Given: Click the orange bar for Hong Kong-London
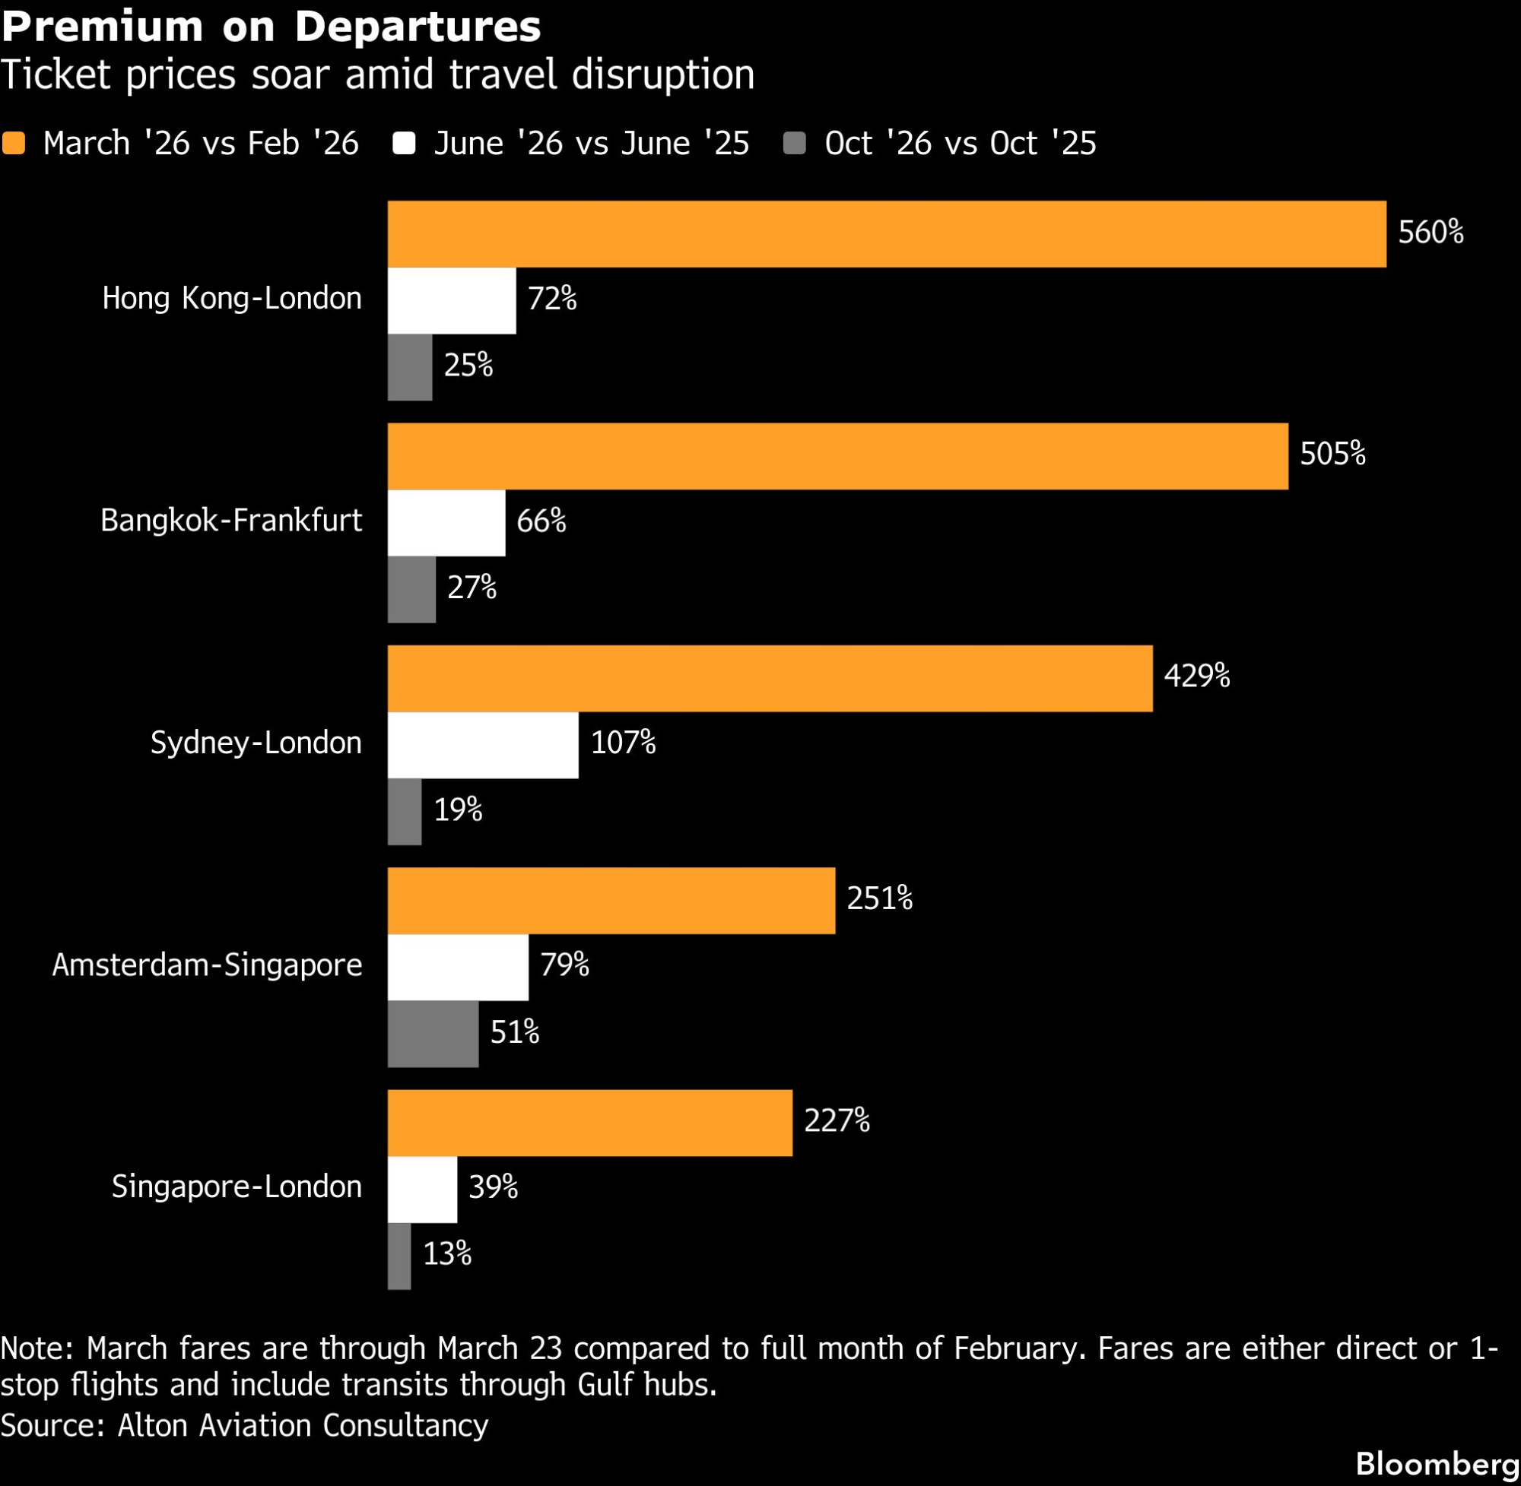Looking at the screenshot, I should (886, 234).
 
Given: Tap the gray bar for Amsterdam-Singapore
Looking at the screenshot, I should (433, 1033).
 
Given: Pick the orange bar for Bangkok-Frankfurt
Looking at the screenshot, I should (837, 457).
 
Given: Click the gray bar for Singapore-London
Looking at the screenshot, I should (399, 1256).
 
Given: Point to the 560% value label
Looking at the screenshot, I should (1431, 233).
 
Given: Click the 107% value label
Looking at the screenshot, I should (623, 742).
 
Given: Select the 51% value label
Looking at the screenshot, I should (515, 1031).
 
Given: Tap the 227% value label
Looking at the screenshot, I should (837, 1120).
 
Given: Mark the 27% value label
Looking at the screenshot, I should (472, 587).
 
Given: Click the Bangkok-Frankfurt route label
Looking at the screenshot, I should (231, 521).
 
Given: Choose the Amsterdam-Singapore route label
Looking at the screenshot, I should (207, 965).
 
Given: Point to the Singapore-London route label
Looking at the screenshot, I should (237, 1187).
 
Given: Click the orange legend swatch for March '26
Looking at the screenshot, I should (14, 144).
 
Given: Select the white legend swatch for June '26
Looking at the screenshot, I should (404, 144).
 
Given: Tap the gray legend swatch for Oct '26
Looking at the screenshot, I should (794, 144).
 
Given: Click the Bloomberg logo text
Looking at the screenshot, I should (1437, 1463).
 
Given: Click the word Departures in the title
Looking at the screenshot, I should (418, 27).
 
